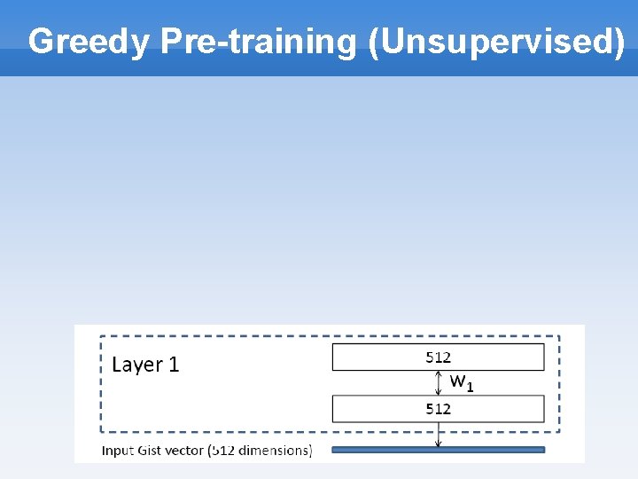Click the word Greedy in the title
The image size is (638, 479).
89,42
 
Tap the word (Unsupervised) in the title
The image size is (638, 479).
497,42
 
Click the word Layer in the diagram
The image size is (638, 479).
137,365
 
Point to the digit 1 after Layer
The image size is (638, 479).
174,365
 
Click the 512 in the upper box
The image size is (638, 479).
438,357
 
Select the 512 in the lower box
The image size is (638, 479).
438,409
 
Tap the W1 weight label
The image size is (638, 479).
462,382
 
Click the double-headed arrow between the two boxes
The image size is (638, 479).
438,383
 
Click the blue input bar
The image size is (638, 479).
438,450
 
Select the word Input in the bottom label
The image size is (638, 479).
118,451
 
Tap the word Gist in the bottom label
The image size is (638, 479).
151,451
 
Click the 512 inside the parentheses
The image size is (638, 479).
224,451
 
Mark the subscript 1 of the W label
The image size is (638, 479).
470,386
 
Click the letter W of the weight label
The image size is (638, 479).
458,381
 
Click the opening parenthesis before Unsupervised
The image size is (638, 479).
376,42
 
